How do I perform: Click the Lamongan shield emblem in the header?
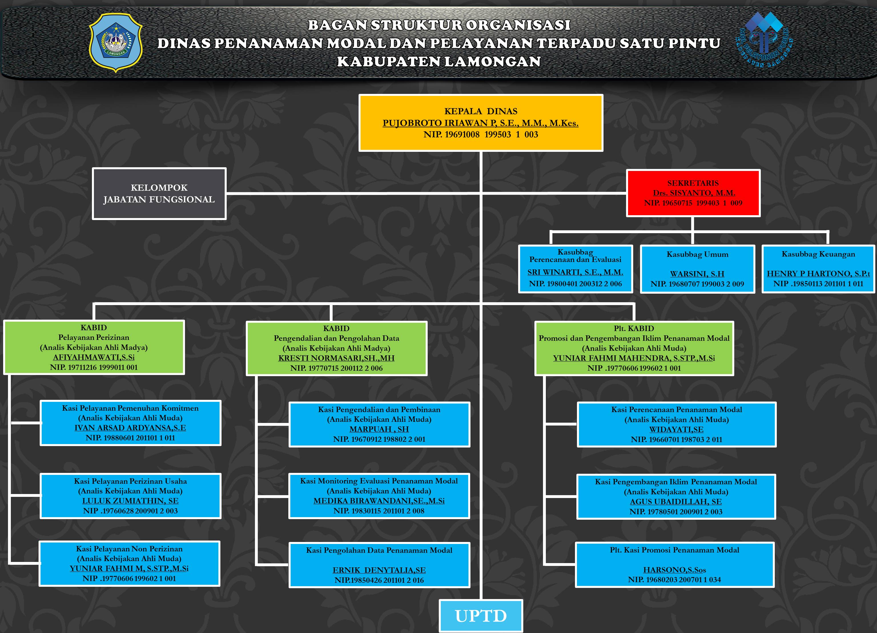tap(116, 43)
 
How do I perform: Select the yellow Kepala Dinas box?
tap(481, 123)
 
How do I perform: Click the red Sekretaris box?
tap(693, 193)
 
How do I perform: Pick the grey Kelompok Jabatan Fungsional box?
tap(159, 193)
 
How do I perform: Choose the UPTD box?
tap(481, 616)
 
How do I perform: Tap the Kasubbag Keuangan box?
tap(818, 269)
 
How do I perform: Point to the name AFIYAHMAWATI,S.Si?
tap(94, 358)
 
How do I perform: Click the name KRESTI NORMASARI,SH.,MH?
tap(336, 358)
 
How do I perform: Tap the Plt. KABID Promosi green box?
tap(634, 348)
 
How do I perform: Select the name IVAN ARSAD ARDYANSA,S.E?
tap(130, 428)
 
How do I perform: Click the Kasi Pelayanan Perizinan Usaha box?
tap(130, 496)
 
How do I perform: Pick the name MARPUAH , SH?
tap(379, 429)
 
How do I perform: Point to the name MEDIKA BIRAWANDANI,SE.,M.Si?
tap(379, 501)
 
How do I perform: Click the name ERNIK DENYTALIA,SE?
tap(379, 570)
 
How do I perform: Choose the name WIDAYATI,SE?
tap(676, 429)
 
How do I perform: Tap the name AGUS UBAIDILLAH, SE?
tap(676, 502)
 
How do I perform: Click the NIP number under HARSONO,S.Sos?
tap(674, 580)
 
